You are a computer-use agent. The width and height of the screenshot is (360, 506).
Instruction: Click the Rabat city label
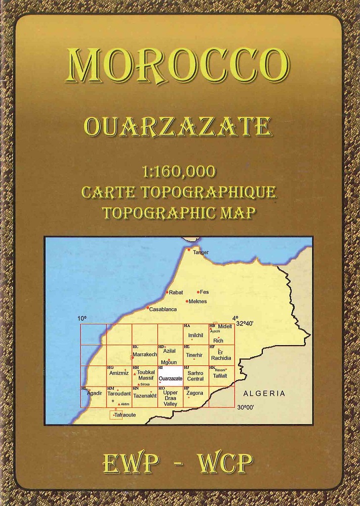176,292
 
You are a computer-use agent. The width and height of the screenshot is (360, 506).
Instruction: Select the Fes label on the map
205,292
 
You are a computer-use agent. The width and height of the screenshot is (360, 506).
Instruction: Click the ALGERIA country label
263,393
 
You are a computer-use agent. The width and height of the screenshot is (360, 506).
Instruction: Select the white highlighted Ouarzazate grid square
170,375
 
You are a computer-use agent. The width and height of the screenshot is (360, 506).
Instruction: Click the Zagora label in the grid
195,393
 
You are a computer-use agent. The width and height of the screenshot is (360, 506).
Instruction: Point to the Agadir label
95,393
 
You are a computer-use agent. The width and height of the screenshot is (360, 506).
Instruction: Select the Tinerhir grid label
194,355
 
